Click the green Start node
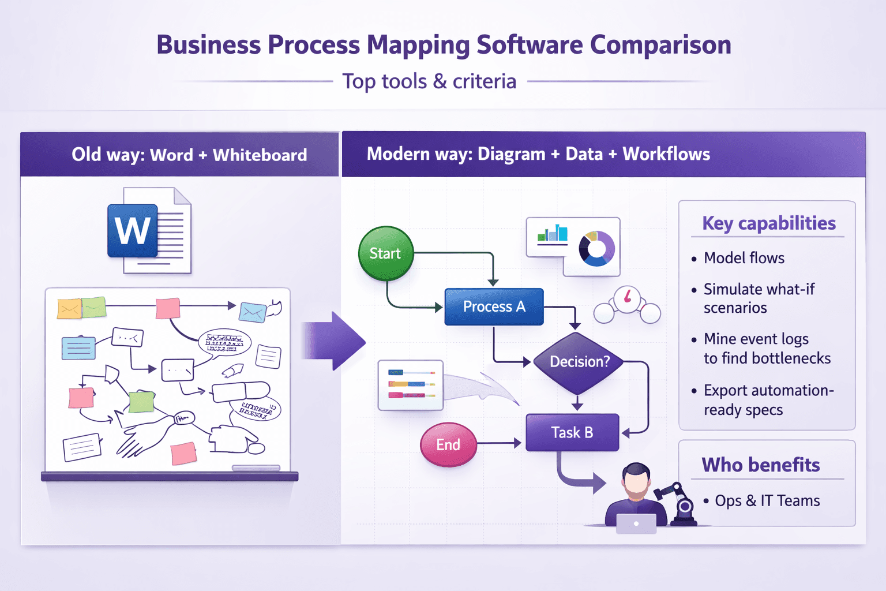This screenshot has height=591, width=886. tap(385, 253)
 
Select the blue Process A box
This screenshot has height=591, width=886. tap(494, 306)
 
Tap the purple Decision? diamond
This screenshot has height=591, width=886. tap(579, 362)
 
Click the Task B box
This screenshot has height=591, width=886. tap(572, 432)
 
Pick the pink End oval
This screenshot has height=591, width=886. tap(448, 444)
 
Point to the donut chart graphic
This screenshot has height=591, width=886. tap(596, 249)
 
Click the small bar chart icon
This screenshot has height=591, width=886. tap(552, 234)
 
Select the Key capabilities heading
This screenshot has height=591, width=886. tap(768, 223)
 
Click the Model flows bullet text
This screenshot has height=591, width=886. tap(744, 258)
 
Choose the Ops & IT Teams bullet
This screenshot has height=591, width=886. tap(767, 501)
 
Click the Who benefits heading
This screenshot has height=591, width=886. tap(760, 465)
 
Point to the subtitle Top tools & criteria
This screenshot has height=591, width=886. tap(429, 81)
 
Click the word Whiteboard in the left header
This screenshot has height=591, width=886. tap(260, 155)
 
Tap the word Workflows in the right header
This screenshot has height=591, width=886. tap(666, 154)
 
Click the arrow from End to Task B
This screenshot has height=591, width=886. tap(500, 443)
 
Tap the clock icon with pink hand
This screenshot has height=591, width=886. tap(627, 298)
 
